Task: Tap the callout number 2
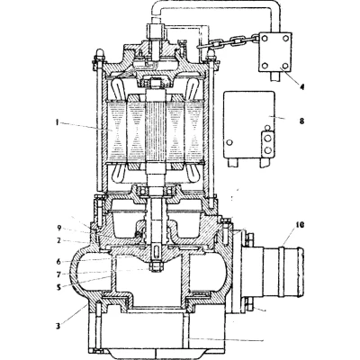click(59, 241)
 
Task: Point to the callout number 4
click(302, 86)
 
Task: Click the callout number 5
click(58, 287)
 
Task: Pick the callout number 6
click(58, 262)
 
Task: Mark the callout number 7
click(58, 274)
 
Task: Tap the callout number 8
click(301, 121)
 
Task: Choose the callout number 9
click(59, 229)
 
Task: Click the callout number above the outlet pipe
click(300, 225)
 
